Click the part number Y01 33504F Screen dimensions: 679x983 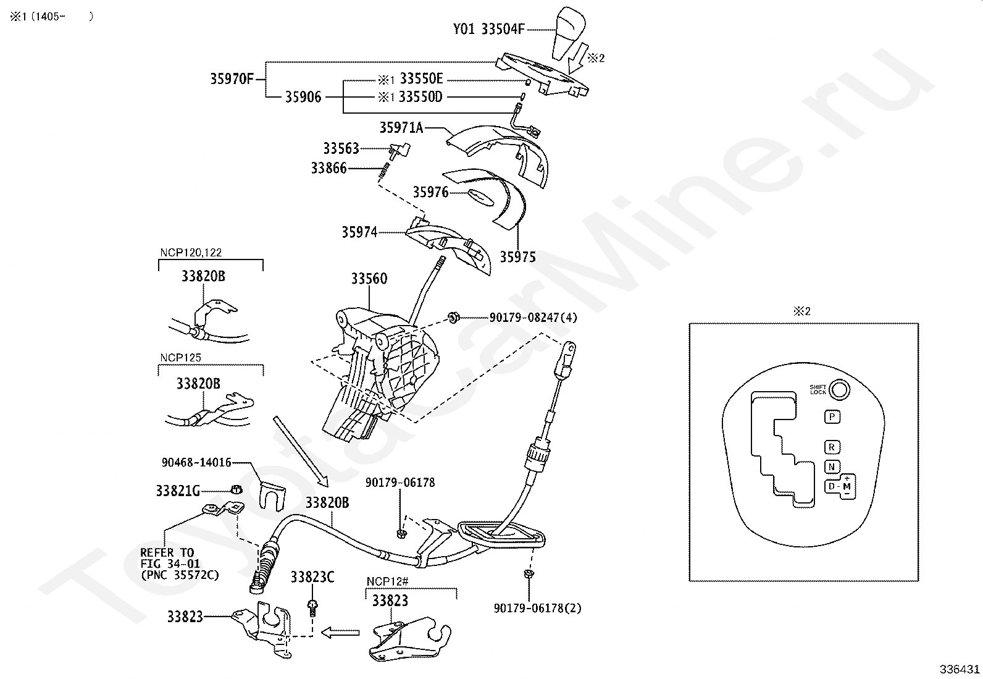pyautogui.click(x=488, y=29)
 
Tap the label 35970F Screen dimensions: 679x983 pyautogui.click(x=232, y=79)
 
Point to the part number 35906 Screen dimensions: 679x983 pyautogui.click(x=303, y=97)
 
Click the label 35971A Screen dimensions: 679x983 pyautogui.click(x=401, y=128)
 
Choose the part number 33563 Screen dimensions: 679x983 pyautogui.click(x=341, y=148)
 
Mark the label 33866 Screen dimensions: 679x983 pyautogui.click(x=328, y=168)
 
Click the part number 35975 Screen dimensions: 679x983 pyautogui.click(x=517, y=257)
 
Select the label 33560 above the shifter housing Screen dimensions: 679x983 pyautogui.click(x=369, y=279)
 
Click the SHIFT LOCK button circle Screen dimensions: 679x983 pyautogui.click(x=839, y=390)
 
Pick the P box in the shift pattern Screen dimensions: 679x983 pyautogui.click(x=832, y=417)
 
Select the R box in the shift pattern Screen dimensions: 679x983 pyautogui.click(x=832, y=447)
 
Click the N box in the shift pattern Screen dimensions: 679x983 pyautogui.click(x=832, y=467)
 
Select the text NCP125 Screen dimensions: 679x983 pyautogui.click(x=180, y=358)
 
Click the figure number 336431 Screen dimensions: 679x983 pyautogui.click(x=960, y=669)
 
